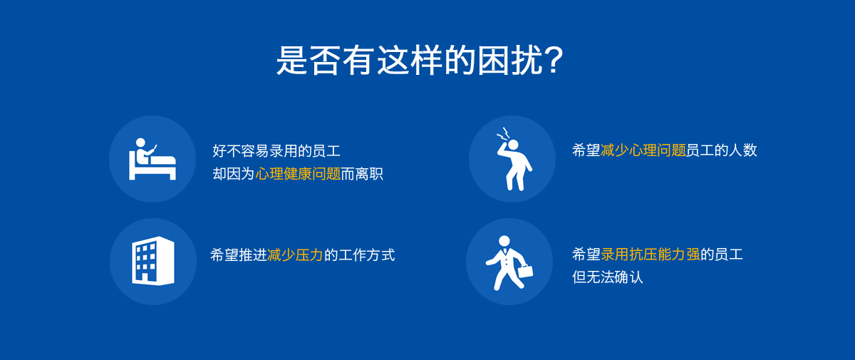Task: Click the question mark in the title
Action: [554, 61]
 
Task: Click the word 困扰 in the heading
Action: [510, 61]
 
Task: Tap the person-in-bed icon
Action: [152, 159]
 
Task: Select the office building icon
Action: [153, 261]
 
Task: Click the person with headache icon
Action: [514, 159]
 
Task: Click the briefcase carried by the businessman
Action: [526, 271]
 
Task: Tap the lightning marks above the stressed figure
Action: [504, 134]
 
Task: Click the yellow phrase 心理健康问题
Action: [298, 174]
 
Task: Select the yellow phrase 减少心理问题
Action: [643, 150]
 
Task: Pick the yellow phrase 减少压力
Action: [295, 255]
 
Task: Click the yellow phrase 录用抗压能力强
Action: [651, 254]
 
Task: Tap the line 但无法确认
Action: [607, 277]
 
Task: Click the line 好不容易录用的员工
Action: [276, 151]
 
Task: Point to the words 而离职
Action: [362, 174]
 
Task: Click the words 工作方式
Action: [366, 255]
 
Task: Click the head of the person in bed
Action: [140, 143]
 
